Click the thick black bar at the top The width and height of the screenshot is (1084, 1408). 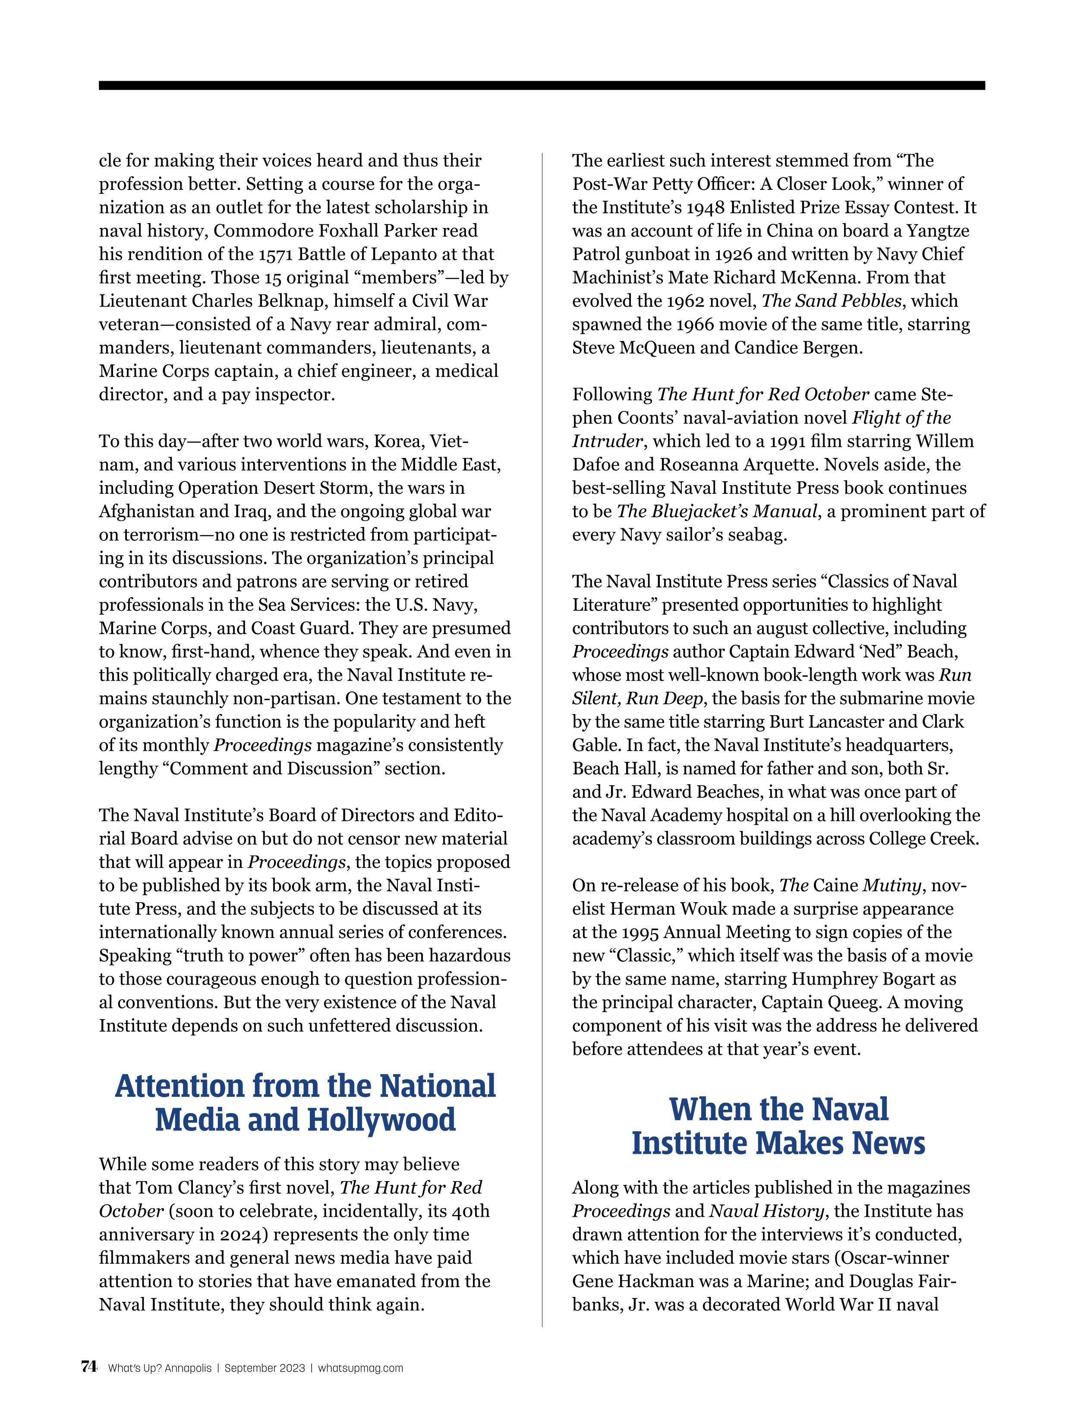click(542, 85)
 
